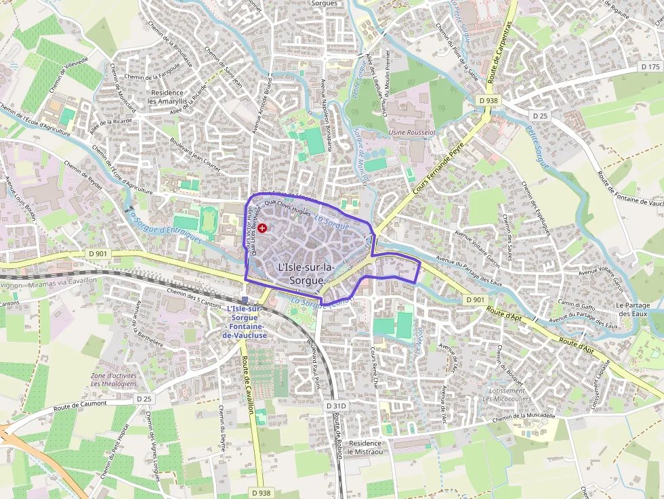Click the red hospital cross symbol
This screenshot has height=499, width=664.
coord(262,229)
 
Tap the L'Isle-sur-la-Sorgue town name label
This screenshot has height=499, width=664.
coord(306,274)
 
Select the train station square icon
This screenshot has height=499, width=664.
coord(245,300)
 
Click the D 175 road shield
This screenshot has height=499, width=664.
coord(650,66)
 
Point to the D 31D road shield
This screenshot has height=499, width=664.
coord(336,406)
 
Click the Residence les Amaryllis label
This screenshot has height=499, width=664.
coord(167,97)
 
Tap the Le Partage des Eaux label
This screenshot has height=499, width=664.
coord(633,309)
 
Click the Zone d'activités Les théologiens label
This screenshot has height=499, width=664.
coord(114,379)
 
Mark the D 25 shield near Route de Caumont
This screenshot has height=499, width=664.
coord(144,399)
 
